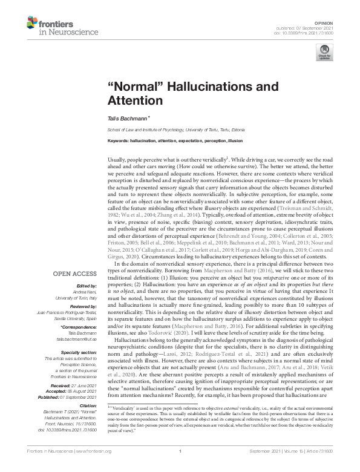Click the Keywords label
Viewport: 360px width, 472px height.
tap(120, 140)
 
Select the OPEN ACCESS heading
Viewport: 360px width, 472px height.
tap(76, 274)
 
